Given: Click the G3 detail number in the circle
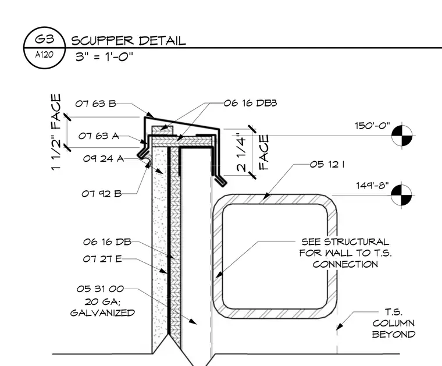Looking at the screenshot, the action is pyautogui.click(x=44, y=38).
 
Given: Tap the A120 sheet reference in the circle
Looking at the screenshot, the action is pyautogui.click(x=44, y=55).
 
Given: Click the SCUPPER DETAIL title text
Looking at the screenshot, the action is pyautogui.click(x=129, y=41).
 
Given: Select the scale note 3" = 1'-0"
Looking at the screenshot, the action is pyautogui.click(x=104, y=56).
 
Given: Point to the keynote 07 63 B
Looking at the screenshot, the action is pyautogui.click(x=95, y=104).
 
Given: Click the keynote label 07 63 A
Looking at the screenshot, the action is pyautogui.click(x=99, y=136).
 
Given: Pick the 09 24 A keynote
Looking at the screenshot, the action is pyautogui.click(x=104, y=158).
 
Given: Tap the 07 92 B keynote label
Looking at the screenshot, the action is pyautogui.click(x=101, y=194).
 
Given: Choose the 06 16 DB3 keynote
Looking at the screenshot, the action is pyautogui.click(x=250, y=103).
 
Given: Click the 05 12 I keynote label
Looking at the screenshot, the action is pyautogui.click(x=327, y=164).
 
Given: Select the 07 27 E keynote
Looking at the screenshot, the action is pyautogui.click(x=102, y=258).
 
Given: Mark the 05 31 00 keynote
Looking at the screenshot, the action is pyautogui.click(x=100, y=289).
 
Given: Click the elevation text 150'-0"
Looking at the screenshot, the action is pyautogui.click(x=372, y=126).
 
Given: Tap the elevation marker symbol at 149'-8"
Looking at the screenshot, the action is pyautogui.click(x=402, y=194).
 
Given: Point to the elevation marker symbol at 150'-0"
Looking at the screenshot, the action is pyautogui.click(x=402, y=136).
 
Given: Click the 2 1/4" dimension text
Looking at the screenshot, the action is pyautogui.click(x=242, y=152).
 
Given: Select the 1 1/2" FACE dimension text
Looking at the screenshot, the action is pyautogui.click(x=56, y=132).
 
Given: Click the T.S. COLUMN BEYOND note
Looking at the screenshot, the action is pyautogui.click(x=394, y=323).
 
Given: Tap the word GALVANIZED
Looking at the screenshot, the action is pyautogui.click(x=102, y=312).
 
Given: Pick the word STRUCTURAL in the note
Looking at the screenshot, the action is pyautogui.click(x=357, y=241).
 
